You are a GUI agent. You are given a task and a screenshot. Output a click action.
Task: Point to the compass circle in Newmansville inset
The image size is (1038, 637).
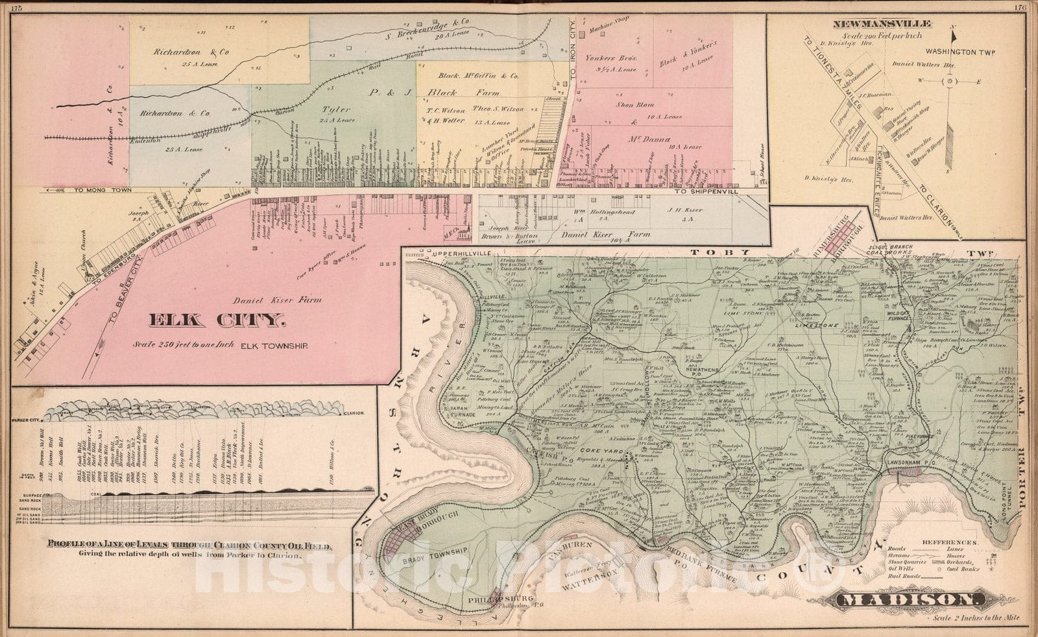(949, 82)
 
